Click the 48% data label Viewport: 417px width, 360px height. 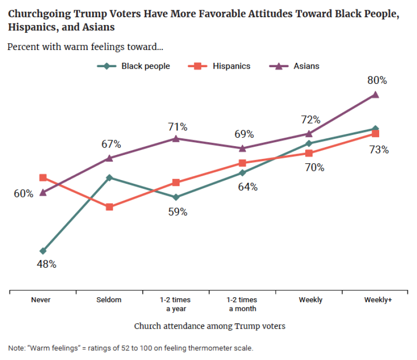point(47,264)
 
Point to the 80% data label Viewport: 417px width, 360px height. point(377,80)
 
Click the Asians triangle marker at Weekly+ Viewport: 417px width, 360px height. point(375,95)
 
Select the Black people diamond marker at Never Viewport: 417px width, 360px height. point(43,251)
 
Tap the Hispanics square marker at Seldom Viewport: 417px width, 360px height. point(109,207)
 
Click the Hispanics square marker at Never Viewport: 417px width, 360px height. point(43,178)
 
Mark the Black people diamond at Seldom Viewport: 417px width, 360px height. point(109,178)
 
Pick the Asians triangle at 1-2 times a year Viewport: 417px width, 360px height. point(176,139)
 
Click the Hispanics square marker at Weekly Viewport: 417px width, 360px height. point(309,154)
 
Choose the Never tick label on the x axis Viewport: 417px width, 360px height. point(41,300)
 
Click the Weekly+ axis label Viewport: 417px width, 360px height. point(378,300)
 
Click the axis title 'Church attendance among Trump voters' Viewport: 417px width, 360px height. point(209,326)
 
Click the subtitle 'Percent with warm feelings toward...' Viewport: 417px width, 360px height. point(85,48)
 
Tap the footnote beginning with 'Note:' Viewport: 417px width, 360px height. point(130,348)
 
